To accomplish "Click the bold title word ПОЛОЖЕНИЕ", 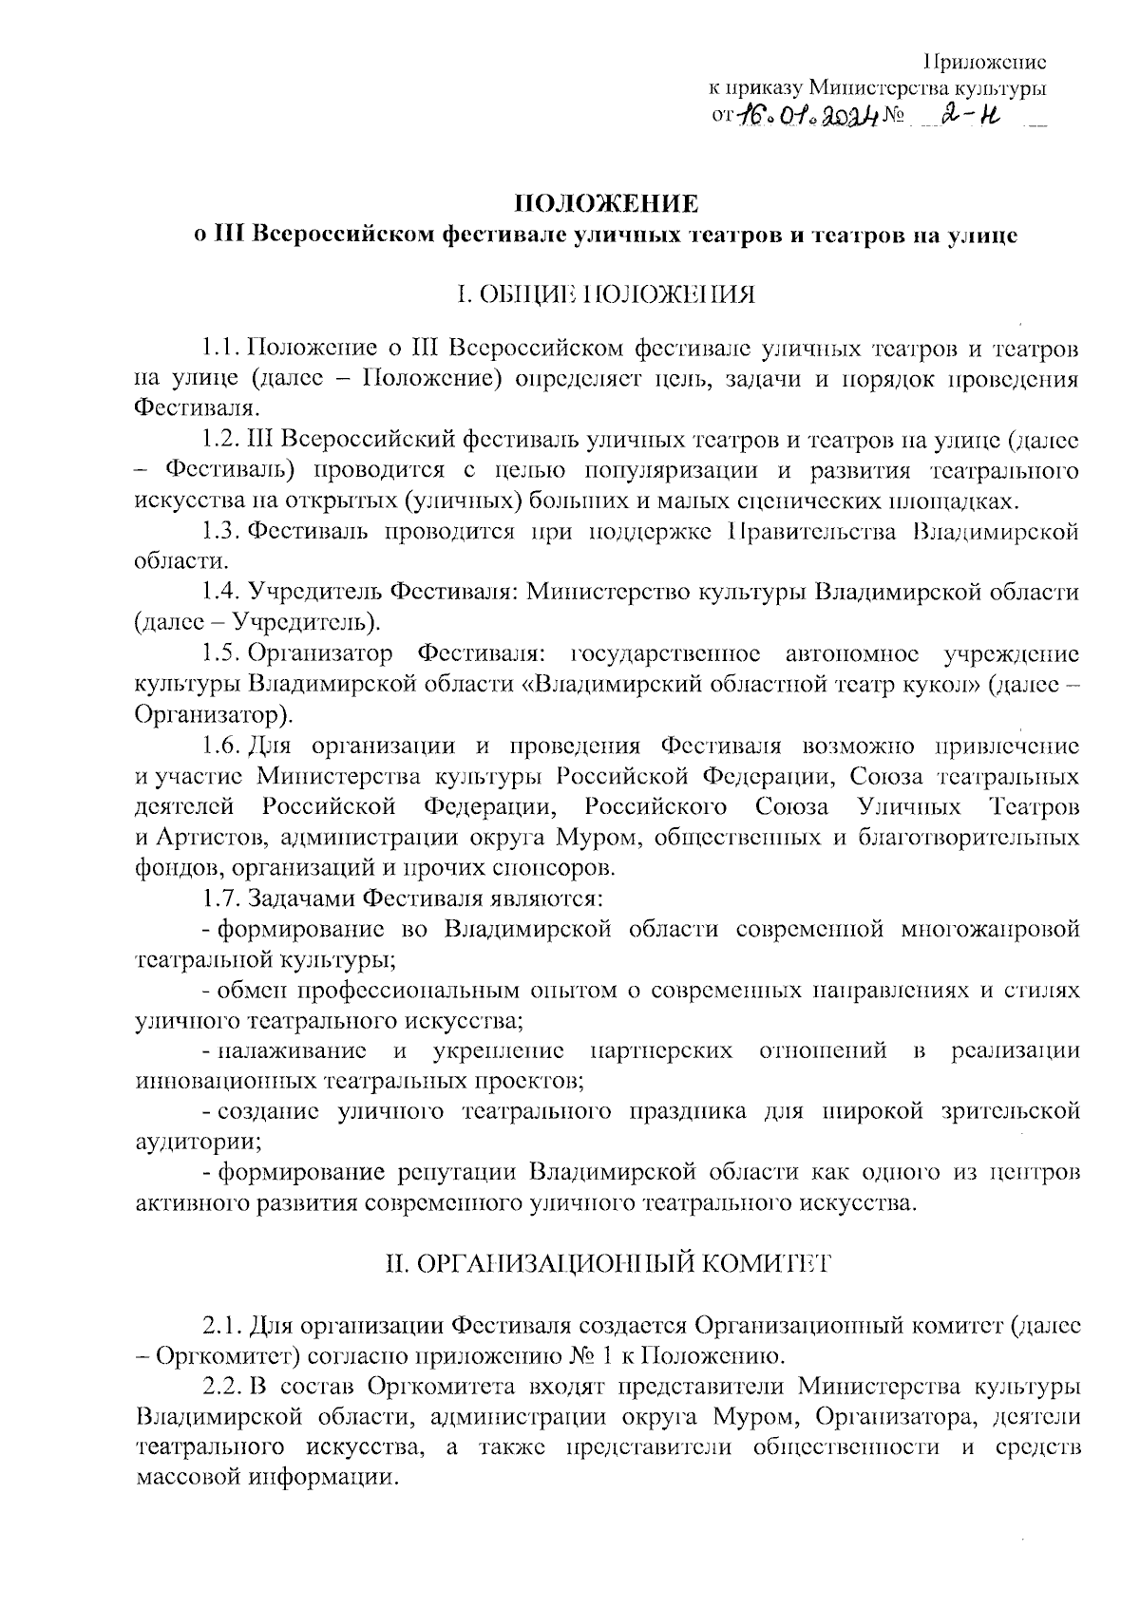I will point(605,203).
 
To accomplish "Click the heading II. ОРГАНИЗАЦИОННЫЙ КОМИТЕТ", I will point(605,1263).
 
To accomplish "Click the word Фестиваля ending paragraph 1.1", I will point(195,409).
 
